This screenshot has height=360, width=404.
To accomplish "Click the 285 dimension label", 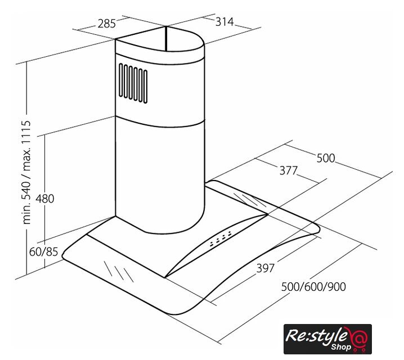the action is (x=107, y=24).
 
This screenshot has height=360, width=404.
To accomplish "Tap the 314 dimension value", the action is (x=225, y=22).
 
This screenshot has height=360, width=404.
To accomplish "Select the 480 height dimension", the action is (x=45, y=199).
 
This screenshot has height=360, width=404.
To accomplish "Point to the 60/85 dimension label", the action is (x=43, y=251).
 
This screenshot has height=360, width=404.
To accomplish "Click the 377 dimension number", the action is (x=289, y=170).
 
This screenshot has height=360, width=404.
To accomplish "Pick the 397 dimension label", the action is (x=266, y=268).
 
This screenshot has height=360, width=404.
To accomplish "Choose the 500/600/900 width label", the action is (x=313, y=287).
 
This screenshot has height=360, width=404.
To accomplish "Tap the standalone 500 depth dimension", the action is (x=326, y=158).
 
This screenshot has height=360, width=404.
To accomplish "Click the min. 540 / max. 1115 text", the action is (x=26, y=172).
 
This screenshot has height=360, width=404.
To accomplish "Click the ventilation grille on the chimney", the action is (x=133, y=83).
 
